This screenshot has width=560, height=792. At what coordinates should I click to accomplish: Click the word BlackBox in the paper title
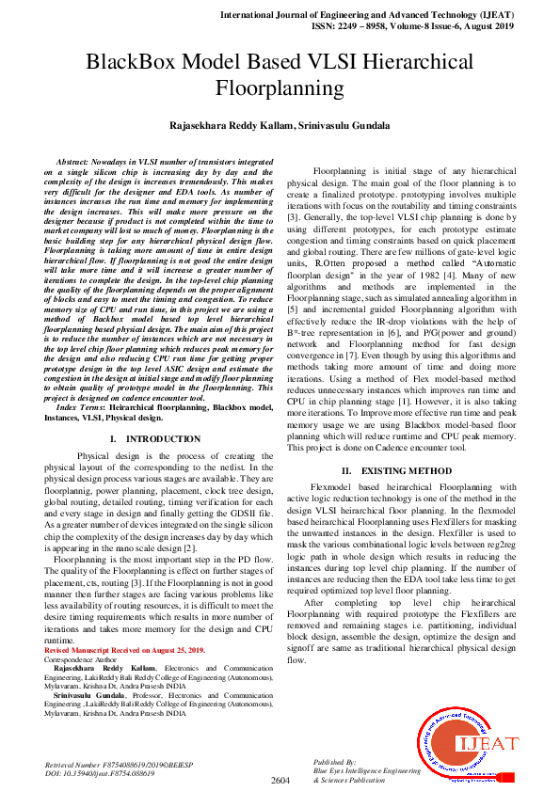(136, 64)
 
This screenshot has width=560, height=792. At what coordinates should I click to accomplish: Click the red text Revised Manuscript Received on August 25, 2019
(124, 649)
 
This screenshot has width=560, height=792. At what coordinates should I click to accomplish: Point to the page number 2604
(280, 780)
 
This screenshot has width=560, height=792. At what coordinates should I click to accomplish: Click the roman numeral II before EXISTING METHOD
(346, 470)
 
